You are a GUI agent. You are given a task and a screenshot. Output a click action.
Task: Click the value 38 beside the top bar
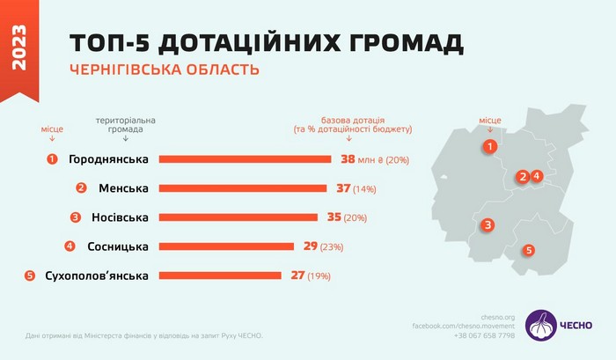click(x=348, y=159)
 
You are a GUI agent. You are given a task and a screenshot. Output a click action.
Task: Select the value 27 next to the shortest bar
click(x=297, y=276)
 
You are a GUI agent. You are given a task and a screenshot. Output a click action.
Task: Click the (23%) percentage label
click(x=332, y=247)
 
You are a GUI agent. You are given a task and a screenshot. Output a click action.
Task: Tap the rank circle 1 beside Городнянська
click(x=53, y=159)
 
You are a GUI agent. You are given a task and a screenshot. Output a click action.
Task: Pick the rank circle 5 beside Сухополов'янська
click(x=30, y=276)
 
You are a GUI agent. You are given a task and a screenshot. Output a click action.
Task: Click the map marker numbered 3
click(x=487, y=226)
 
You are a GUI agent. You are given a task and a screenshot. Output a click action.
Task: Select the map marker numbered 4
click(x=536, y=176)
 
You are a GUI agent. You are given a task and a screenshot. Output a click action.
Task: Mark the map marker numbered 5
click(x=528, y=250)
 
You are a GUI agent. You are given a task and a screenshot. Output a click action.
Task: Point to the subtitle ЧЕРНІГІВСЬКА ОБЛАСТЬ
click(x=164, y=69)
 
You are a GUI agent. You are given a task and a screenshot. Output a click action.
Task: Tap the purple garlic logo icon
click(x=540, y=324)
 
